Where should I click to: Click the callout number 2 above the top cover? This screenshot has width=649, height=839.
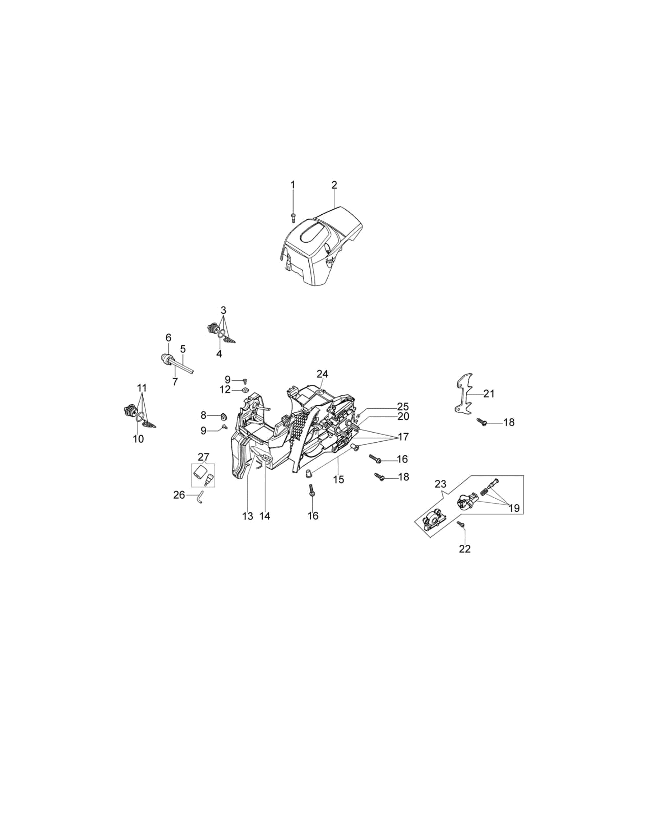[x=334, y=185]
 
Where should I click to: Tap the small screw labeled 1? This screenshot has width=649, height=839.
[x=293, y=218]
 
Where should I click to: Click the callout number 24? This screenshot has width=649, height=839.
[x=323, y=374]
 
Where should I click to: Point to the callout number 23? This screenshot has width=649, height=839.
[x=440, y=484]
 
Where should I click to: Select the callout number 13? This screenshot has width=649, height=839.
[x=248, y=516]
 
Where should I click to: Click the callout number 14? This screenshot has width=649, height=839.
[x=265, y=516]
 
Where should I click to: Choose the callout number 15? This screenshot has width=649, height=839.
[x=338, y=479]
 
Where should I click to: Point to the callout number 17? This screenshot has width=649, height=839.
[x=404, y=437]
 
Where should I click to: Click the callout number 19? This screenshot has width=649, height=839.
[x=514, y=508]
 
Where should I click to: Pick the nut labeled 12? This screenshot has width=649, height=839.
[x=244, y=390]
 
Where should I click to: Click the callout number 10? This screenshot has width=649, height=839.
[x=139, y=439]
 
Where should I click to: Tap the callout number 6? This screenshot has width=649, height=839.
[x=168, y=338]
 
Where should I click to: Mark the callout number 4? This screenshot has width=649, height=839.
[x=219, y=354]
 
